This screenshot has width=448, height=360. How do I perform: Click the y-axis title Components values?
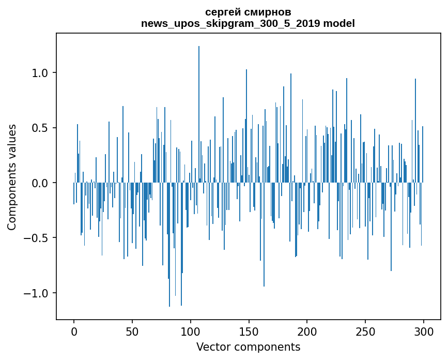tap(12, 176)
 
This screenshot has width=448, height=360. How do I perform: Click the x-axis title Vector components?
tap(248, 347)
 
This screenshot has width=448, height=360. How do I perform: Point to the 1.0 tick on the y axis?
tap(41, 73)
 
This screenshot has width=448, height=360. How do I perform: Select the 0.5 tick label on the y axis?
tap(41, 128)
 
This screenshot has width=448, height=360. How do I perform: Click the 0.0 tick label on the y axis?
tap(41, 183)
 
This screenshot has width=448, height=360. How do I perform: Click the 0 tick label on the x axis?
tap(74, 331)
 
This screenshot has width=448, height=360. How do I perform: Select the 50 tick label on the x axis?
tap(132, 331)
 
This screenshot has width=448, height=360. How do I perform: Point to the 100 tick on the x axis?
tap(191, 331)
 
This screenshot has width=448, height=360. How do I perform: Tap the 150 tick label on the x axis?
tap(249, 331)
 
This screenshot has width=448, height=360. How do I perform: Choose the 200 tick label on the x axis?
tap(307, 331)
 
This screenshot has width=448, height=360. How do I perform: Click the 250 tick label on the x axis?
tap(365, 331)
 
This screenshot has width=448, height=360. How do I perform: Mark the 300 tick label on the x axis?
tap(424, 331)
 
